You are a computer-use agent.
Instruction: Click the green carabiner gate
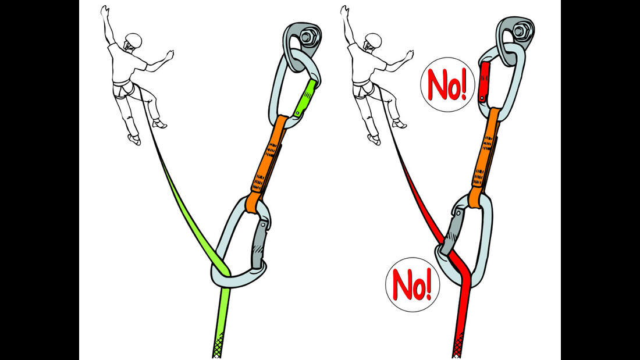tap(305, 98)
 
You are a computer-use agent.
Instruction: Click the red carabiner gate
tap(484, 81)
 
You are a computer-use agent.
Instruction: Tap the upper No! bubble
tap(448, 84)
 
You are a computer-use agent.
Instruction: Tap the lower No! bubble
tap(413, 284)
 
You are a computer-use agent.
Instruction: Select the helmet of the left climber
tap(133, 41)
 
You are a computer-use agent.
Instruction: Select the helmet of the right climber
tap(373, 41)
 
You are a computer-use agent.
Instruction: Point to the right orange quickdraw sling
tap(485, 156)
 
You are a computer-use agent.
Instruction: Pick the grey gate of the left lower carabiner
tap(260, 244)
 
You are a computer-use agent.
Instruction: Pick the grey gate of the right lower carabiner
tap(451, 231)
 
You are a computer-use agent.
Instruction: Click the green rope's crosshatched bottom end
tap(218, 345)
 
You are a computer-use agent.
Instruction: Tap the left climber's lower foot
tap(134, 139)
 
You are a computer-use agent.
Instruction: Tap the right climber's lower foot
tap(374, 139)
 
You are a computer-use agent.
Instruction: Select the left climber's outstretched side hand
tap(169, 55)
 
